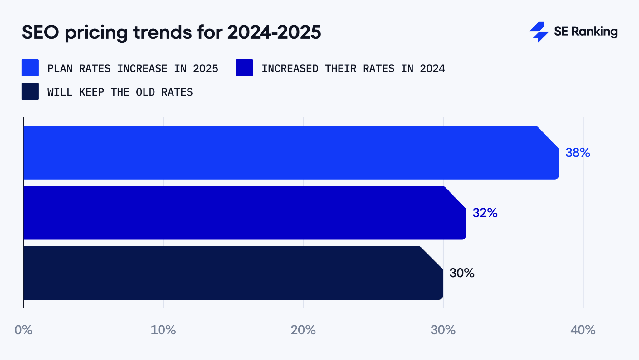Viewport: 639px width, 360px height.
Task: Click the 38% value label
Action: [578, 153]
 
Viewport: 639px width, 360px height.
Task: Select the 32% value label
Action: [485, 213]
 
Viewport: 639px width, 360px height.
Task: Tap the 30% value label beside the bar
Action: [462, 273]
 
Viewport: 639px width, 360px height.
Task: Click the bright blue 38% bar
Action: [290, 153]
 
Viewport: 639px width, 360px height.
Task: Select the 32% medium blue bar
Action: [243, 213]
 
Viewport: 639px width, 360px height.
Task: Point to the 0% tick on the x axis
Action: [23, 330]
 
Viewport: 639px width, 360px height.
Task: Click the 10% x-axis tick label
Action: [163, 330]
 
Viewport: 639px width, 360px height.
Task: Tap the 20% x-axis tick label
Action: [303, 330]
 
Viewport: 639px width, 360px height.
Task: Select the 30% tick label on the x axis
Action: [443, 330]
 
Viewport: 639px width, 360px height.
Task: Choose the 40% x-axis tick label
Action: [583, 330]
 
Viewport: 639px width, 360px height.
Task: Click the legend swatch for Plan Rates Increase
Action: [30, 68]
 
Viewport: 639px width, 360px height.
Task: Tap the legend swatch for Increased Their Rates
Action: [244, 68]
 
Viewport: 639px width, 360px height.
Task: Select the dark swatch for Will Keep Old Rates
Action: [30, 91]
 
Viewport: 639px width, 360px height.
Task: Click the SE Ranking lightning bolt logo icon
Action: [539, 32]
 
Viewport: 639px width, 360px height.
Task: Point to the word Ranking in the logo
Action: [594, 32]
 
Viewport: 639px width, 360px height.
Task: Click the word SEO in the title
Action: [40, 32]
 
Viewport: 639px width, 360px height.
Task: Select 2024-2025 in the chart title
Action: [274, 32]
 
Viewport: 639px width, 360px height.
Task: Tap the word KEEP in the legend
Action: [91, 92]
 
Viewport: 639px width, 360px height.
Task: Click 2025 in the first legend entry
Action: [205, 69]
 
